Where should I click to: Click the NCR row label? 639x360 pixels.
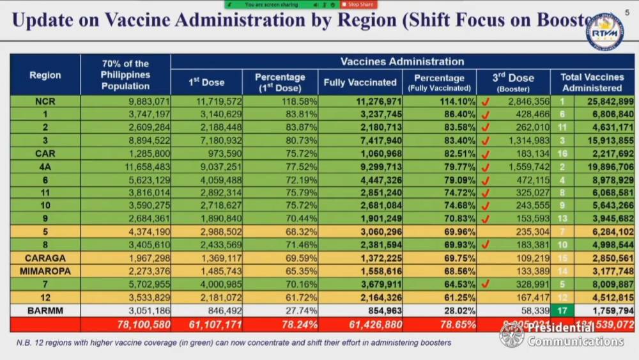click(45, 101)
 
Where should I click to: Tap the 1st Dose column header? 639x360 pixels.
click(206, 82)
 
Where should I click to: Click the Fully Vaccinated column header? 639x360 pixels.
click(360, 82)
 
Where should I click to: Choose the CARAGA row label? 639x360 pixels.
click(45, 258)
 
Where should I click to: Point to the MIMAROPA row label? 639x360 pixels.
click(45, 271)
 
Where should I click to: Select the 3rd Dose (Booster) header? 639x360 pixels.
click(513, 82)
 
